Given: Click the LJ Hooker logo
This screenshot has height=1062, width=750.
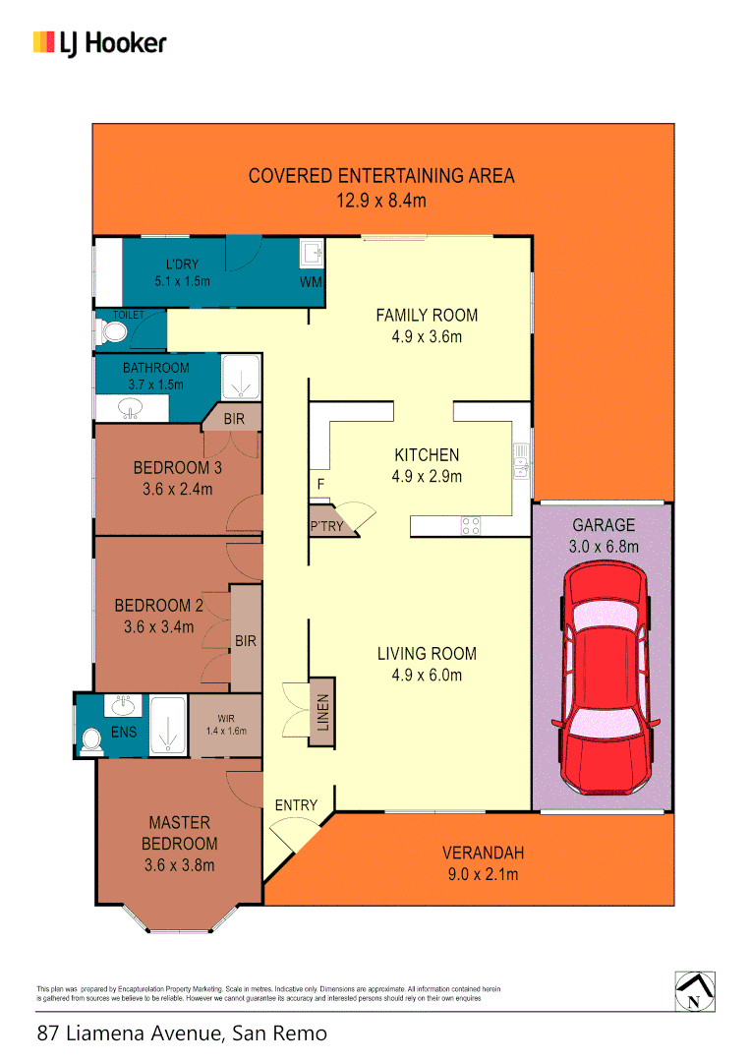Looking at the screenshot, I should click(99, 42).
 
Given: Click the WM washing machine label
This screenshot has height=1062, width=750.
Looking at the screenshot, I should click(311, 282).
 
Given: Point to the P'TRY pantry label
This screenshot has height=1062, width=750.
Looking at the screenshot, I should click(325, 526).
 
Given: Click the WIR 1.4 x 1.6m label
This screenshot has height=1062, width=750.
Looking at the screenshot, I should click(225, 725).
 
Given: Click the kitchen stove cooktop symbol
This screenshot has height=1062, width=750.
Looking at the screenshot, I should click(470, 526).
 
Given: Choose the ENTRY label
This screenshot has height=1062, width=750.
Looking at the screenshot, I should click(296, 805).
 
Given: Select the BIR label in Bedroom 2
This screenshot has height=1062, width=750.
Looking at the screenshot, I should click(245, 641).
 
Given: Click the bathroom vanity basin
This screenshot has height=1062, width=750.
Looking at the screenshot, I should click(128, 406).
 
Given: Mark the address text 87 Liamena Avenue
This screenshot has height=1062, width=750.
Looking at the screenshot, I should click(181, 1033).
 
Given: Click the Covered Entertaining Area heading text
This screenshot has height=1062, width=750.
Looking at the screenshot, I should click(380, 176).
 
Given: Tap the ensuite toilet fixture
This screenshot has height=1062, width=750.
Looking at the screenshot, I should click(93, 740).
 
